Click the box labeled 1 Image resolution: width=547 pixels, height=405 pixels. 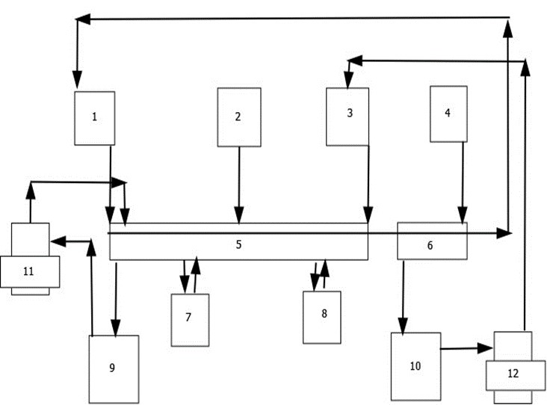(95, 117)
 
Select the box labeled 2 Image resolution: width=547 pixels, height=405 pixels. (238, 117)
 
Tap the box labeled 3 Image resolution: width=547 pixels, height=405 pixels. (348, 116)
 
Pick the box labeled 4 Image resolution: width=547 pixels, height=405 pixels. (448, 114)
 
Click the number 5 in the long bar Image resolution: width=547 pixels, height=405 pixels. (238, 244)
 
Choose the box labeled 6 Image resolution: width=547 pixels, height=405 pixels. (431, 244)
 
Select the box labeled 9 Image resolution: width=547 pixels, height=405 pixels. (113, 368)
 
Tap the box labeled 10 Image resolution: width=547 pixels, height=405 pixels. (415, 365)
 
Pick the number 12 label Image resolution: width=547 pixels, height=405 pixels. (513, 373)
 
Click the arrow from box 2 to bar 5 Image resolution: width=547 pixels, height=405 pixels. (238, 184)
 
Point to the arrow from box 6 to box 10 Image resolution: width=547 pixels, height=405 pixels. (404, 296)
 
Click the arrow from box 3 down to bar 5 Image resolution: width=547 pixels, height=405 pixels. (368, 184)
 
